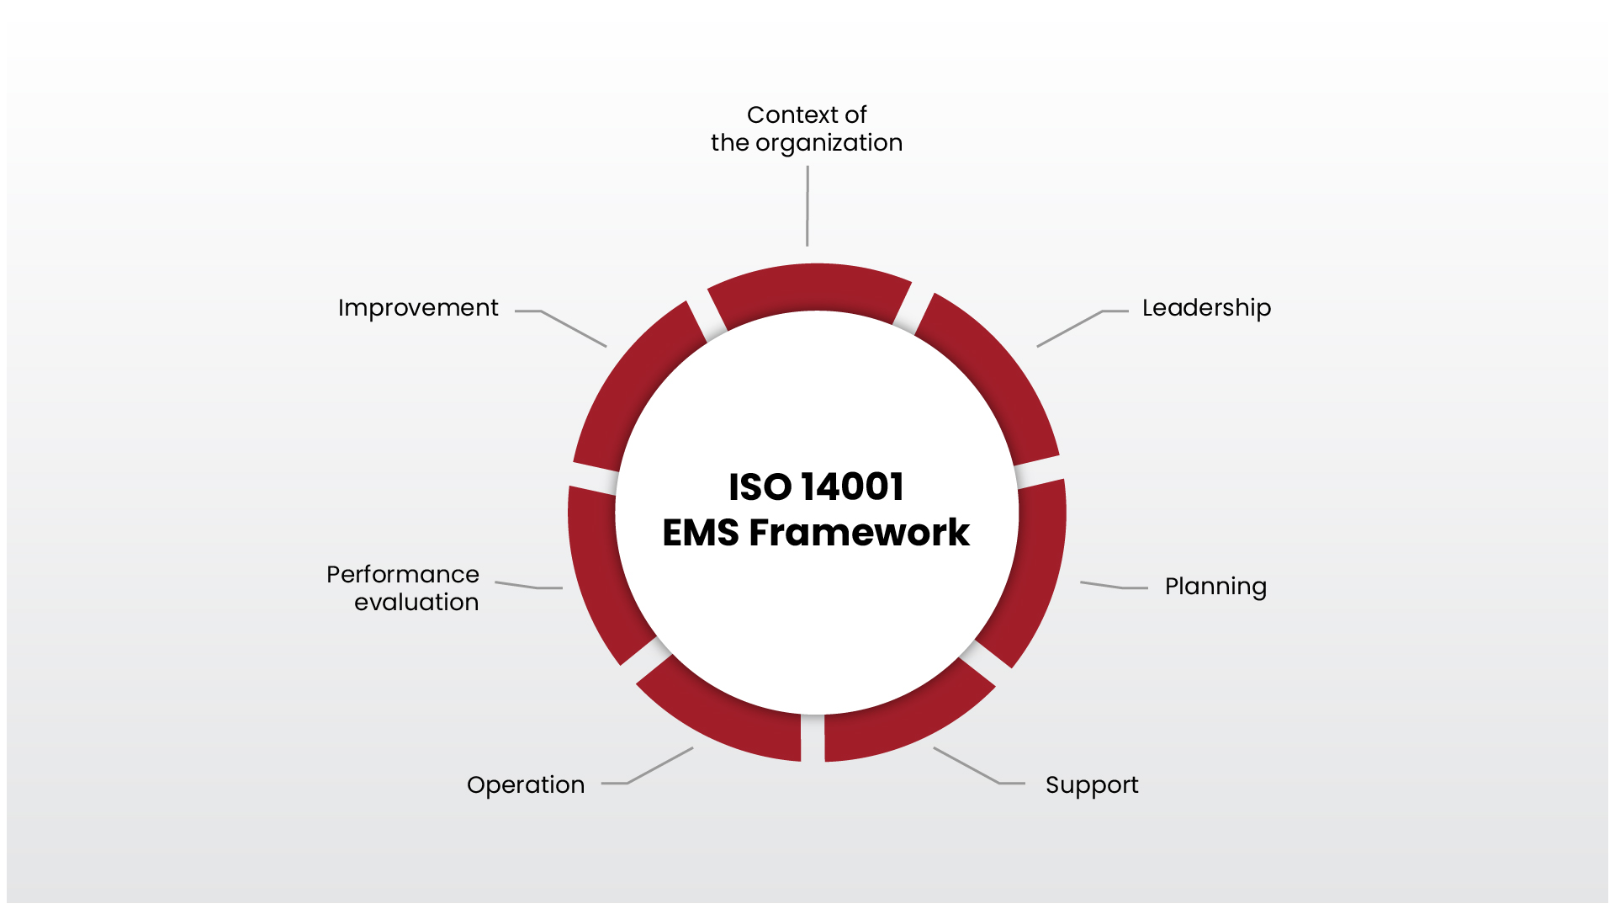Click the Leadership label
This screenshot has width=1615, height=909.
1205,308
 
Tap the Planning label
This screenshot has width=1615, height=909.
1215,587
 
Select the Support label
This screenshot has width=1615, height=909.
1091,784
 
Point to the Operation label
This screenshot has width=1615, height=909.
526,784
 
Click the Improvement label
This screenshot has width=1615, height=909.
418,308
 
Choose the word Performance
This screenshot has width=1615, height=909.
402,574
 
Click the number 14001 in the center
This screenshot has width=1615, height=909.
852,486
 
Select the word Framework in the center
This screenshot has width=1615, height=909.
859,533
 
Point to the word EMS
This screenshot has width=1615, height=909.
701,533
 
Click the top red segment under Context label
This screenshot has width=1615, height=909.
809,290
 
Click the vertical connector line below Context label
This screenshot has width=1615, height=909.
807,206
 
